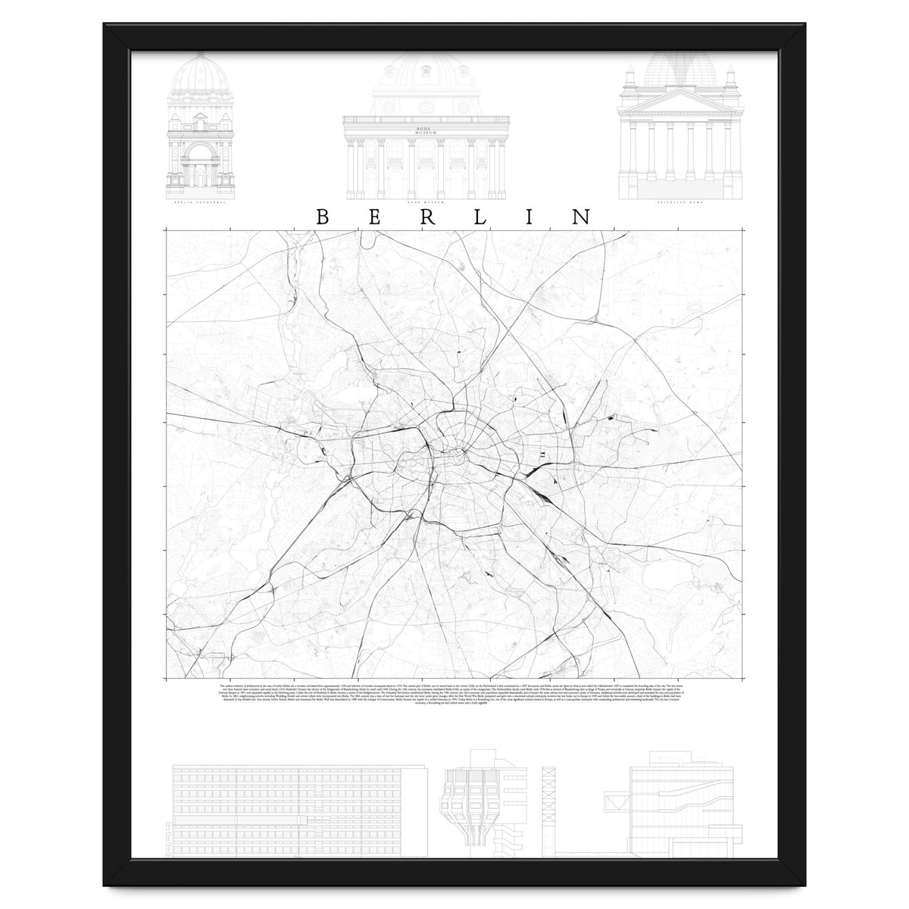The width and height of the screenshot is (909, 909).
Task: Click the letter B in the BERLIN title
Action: point(321,217)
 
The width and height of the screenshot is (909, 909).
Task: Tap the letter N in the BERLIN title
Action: point(582,217)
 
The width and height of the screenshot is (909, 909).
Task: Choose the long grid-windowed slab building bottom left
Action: point(295,811)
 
